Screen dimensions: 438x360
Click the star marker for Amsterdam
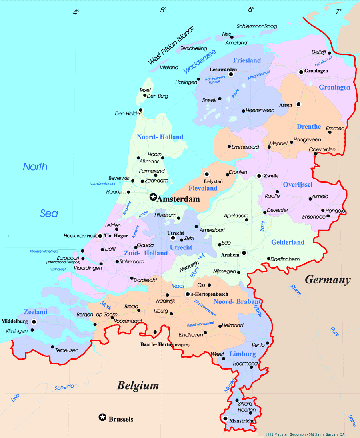pos(153,197)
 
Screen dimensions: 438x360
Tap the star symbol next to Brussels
pos(102,418)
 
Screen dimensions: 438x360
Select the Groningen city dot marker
pos(301,72)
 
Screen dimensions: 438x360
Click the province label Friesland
pos(247,60)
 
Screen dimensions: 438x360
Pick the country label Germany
pos(328,280)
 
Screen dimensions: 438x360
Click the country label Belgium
pos(138,386)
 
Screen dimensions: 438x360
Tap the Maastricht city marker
pos(225,419)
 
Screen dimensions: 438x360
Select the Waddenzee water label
pos(200,61)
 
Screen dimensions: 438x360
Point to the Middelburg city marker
pos(34,321)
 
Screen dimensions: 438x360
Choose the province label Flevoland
pos(203,188)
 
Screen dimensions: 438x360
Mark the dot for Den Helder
pos(140,110)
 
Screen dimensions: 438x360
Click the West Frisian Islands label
pos(171,46)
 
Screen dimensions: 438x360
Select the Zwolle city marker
pos(259,175)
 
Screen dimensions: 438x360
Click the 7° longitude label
pos(338,11)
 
